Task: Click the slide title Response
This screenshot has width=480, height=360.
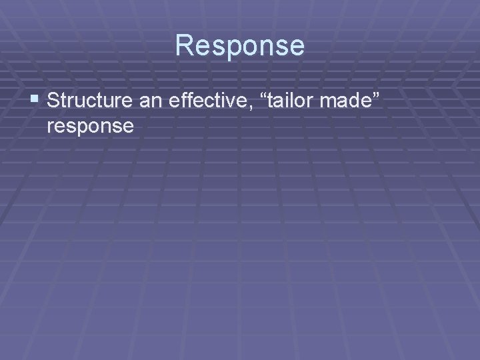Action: tap(240, 46)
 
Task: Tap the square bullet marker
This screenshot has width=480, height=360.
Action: tap(35, 101)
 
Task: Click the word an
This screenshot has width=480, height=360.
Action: tap(154, 101)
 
